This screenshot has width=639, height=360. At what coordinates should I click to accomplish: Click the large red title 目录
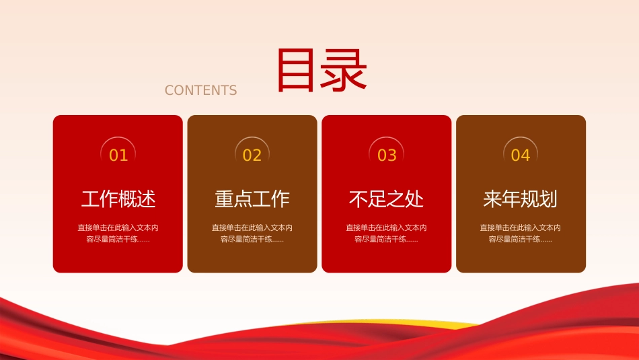322,70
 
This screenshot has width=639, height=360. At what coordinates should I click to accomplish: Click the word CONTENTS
200,90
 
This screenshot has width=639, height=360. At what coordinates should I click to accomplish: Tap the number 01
118,155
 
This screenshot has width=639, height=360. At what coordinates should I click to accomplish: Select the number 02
252,155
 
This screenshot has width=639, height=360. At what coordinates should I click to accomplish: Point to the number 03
387,155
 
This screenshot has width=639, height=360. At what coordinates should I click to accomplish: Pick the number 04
521,155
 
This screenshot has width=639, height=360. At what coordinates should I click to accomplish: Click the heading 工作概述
118,199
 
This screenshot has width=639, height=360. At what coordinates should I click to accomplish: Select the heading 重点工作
252,199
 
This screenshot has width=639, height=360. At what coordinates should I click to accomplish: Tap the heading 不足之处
386,199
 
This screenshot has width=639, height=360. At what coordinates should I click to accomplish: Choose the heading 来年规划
521,199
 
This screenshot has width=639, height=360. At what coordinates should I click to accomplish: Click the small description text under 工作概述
118,233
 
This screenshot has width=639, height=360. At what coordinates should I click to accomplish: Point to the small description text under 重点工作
252,233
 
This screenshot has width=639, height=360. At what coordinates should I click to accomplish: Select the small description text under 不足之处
386,233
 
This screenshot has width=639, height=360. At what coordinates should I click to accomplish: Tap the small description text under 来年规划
521,233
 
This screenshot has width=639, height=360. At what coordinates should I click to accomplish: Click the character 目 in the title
296,70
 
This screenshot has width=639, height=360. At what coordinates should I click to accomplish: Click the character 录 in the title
344,70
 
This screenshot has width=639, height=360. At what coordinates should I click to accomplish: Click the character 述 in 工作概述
147,199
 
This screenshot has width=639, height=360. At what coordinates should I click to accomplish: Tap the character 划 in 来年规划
548,199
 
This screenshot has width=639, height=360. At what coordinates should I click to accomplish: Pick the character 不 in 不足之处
359,199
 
